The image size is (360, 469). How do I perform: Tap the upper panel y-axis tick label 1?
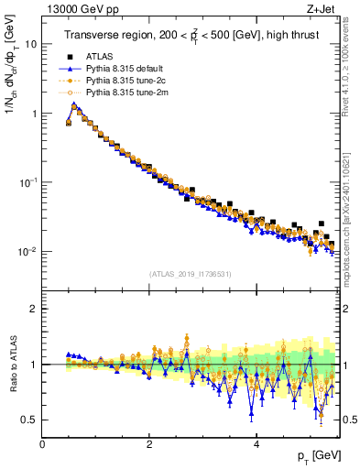[x=35, y=114]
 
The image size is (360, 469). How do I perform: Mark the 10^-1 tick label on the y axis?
[x=29, y=182]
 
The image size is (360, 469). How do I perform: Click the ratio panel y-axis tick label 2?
[x=35, y=309]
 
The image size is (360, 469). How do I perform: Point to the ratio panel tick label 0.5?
[x=30, y=420]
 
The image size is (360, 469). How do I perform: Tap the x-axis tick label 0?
[x=42, y=444]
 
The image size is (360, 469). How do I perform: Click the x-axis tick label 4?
[x=256, y=444]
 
